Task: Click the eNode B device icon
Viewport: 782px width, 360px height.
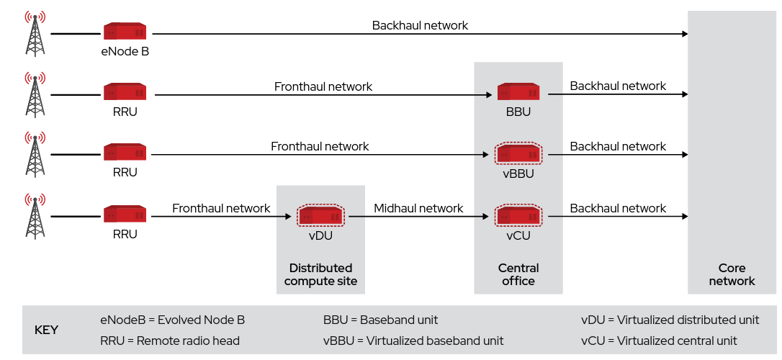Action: pos(125,32)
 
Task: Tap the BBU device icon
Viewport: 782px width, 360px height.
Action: pos(518,92)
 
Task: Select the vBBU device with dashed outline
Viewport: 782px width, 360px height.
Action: pos(518,153)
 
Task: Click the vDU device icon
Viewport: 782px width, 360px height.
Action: pos(320,215)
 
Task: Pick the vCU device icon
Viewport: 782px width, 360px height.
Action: pos(518,215)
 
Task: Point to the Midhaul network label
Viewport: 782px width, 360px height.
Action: pos(418,208)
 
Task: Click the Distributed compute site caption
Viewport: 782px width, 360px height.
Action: pos(320,274)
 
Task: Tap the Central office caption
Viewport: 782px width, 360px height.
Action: pos(518,274)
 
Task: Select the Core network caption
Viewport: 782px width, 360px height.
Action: pos(732,274)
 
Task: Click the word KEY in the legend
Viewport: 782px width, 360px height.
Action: pos(47,330)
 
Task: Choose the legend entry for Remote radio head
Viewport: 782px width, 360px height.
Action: pos(170,341)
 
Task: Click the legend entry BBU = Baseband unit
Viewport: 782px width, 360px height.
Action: pos(380,320)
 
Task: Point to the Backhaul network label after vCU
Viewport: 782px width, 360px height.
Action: pos(618,208)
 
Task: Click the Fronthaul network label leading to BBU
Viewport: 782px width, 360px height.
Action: pos(323,86)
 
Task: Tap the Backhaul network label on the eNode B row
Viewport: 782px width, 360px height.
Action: pos(420,25)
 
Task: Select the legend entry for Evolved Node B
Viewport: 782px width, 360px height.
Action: pos(172,320)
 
